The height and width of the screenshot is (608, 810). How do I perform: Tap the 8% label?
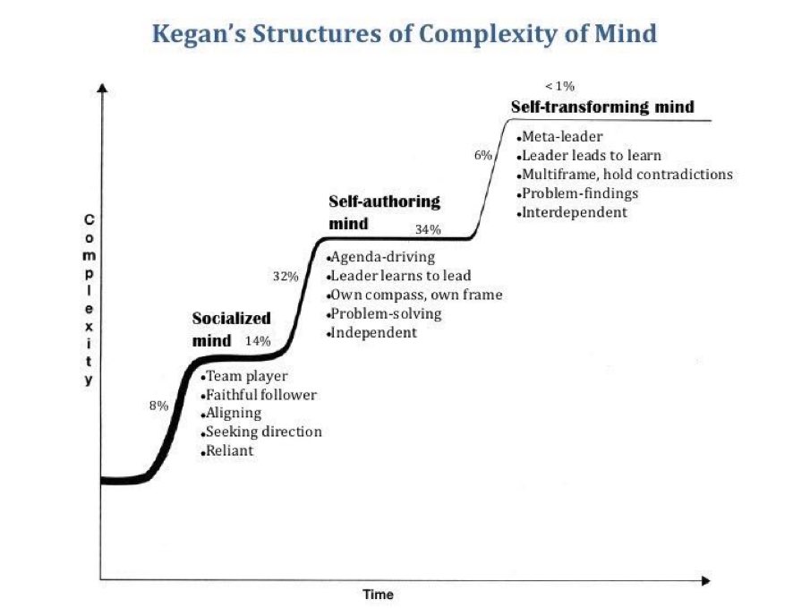(158, 406)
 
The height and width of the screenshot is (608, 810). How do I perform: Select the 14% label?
(258, 340)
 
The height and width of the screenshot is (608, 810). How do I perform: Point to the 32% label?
(286, 276)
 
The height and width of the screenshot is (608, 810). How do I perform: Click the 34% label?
(428, 229)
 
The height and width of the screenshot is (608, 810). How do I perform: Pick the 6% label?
(483, 155)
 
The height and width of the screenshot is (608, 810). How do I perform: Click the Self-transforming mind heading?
(601, 107)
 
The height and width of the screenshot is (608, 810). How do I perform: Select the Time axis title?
(378, 595)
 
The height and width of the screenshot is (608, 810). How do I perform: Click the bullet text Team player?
(244, 376)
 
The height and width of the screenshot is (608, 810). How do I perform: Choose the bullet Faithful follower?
(261, 395)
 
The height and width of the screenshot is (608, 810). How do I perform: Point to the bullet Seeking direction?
(264, 432)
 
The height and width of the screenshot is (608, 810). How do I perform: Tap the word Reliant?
(230, 450)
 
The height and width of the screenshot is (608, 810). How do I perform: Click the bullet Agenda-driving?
(383, 258)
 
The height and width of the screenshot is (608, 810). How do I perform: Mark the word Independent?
(374, 332)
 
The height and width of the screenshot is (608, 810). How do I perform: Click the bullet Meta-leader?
(562, 137)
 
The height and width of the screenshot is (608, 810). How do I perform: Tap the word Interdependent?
(575, 212)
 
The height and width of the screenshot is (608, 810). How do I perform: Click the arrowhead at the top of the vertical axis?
(102, 90)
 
